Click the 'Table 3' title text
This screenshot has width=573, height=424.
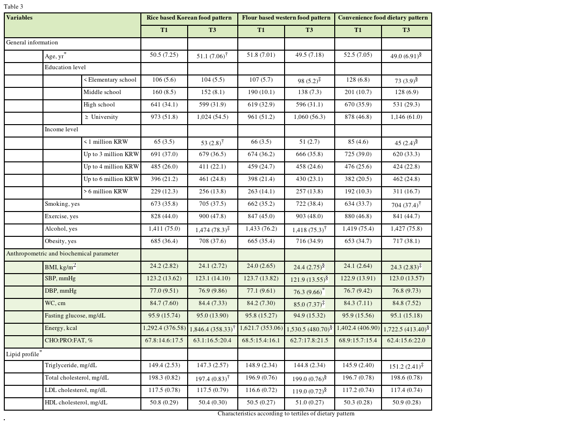[x=13, y=7]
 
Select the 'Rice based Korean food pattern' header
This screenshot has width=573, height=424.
[x=189, y=18]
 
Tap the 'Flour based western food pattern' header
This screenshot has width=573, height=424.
[x=286, y=18]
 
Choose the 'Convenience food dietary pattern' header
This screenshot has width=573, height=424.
[x=383, y=18]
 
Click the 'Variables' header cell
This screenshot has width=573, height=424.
[x=20, y=18]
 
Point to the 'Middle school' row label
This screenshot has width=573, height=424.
[x=102, y=92]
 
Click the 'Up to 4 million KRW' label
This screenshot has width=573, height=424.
[x=111, y=167]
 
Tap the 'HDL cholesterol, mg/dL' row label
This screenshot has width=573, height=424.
[x=76, y=403]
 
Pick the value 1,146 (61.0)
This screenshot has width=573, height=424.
[x=406, y=117]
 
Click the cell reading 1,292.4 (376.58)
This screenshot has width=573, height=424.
[x=164, y=328]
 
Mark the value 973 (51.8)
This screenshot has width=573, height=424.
[x=164, y=117]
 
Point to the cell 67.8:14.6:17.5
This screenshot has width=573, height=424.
[x=164, y=340]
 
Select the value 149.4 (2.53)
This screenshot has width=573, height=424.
[x=164, y=365]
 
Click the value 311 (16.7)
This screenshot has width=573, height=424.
[x=406, y=191]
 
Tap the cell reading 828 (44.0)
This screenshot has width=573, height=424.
[x=164, y=216]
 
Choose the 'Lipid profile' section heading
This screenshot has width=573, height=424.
[x=22, y=354]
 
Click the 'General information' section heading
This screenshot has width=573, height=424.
[x=32, y=42]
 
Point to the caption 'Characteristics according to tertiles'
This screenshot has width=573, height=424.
[x=286, y=413]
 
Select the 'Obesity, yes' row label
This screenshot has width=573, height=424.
[x=61, y=241]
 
